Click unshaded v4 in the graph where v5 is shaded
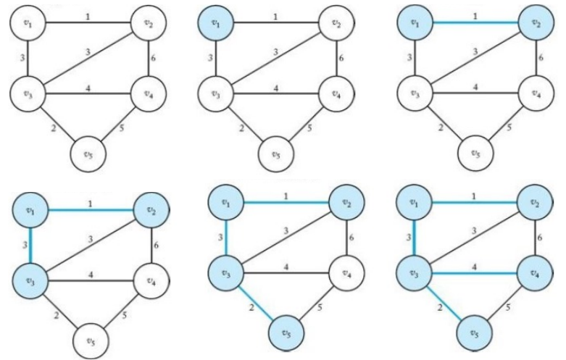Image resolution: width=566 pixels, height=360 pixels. [346, 273]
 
